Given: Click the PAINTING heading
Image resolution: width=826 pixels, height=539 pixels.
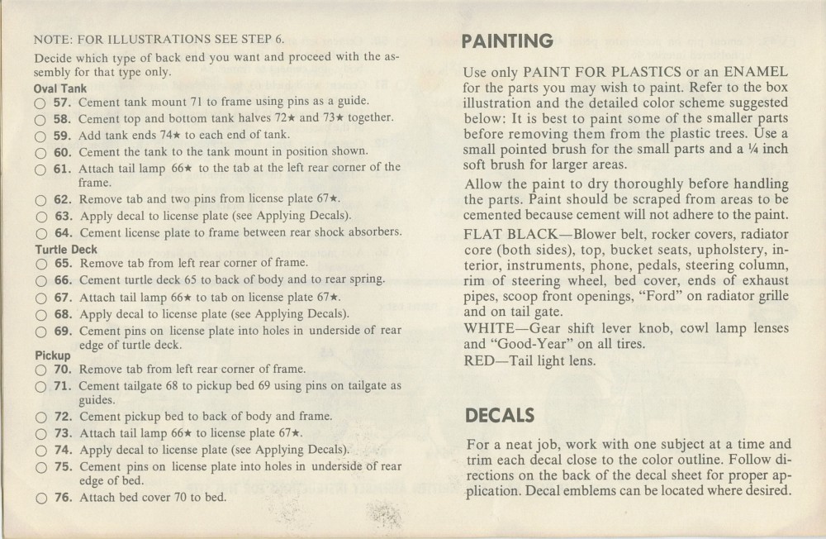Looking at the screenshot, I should click(508, 41).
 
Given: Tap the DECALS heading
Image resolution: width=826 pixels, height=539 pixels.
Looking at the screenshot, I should click(500, 414).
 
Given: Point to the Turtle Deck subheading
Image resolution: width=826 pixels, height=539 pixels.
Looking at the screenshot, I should click(66, 249).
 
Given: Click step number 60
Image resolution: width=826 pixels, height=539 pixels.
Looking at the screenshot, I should click(64, 150).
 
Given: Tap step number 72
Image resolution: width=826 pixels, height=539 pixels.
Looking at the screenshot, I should click(64, 417).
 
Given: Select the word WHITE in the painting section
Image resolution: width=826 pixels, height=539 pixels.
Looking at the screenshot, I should click(490, 327).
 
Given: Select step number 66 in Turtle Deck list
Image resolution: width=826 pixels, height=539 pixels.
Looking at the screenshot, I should click(64, 280).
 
